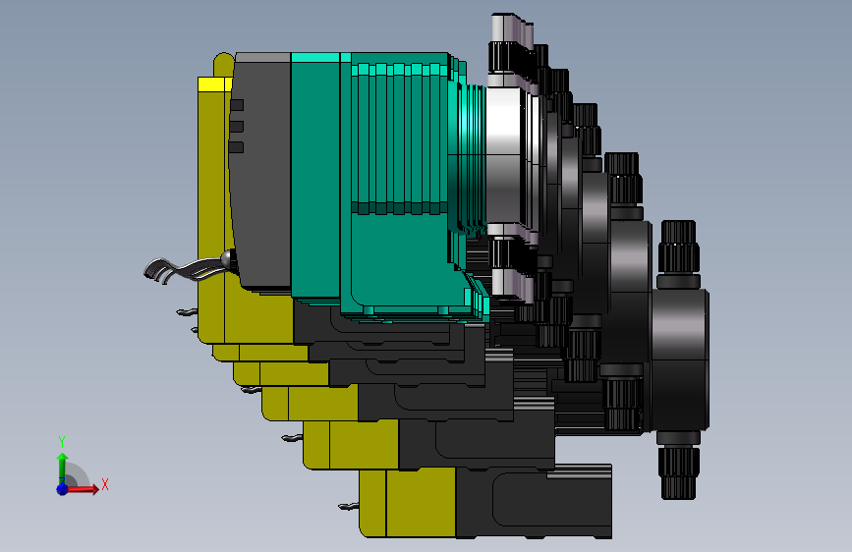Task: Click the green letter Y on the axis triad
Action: pos(62,441)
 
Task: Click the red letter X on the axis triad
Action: pos(105,484)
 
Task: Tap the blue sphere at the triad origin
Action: pos(63,489)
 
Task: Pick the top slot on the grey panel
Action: pos(237,105)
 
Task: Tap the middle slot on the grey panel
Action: pos(237,127)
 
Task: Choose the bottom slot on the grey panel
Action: pos(236,147)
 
